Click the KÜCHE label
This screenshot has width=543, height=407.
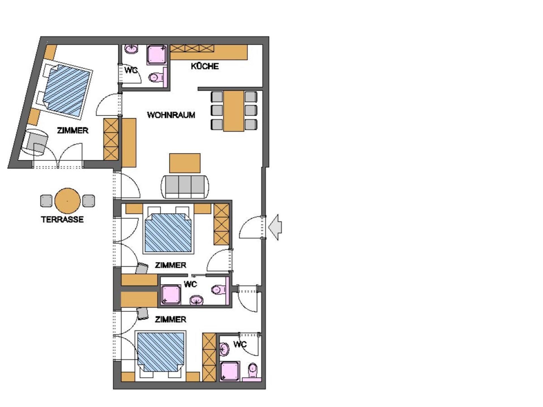click(x=204, y=66)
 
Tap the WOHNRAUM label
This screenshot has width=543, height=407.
click(x=171, y=115)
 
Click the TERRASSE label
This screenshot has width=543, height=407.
click(x=62, y=219)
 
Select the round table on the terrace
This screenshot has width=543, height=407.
click(x=68, y=201)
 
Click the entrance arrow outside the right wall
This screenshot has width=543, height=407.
click(x=275, y=227)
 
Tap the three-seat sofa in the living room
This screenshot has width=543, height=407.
click(x=185, y=187)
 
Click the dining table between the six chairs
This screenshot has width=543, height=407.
click(x=234, y=111)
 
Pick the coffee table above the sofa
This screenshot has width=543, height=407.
click(x=185, y=163)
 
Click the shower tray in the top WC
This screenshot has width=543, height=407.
click(x=157, y=55)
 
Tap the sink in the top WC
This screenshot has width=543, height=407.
click(x=132, y=49)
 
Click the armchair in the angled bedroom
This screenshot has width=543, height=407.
click(x=36, y=142)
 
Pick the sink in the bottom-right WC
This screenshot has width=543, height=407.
click(x=224, y=349)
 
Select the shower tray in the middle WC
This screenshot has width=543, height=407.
click(x=171, y=295)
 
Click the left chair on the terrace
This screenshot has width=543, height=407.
click(x=46, y=201)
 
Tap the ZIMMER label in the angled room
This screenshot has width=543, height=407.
click(x=73, y=130)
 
